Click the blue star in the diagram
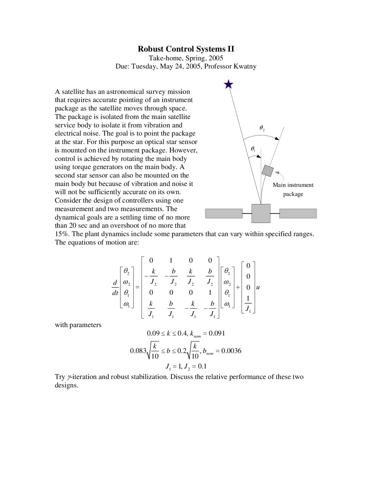tap(229, 84)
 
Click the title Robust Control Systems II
tap(186, 49)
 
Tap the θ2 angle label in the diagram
tap(262, 128)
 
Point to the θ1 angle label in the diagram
tap(253, 149)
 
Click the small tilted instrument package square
tap(267, 171)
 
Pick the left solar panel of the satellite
tap(224, 213)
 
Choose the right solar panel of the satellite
tap(298, 213)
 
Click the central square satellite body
tap(261, 213)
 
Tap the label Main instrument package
tap(293, 189)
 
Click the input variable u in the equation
tap(258, 288)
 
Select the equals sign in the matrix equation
tap(137, 287)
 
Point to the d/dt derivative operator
tap(115, 288)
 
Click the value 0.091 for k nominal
tap(217, 333)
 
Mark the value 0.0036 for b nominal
tap(231, 351)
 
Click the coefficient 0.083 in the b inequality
tap(138, 351)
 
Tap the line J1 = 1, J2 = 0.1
tap(186, 366)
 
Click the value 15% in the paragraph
tap(61, 234)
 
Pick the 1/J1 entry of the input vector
tap(248, 304)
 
